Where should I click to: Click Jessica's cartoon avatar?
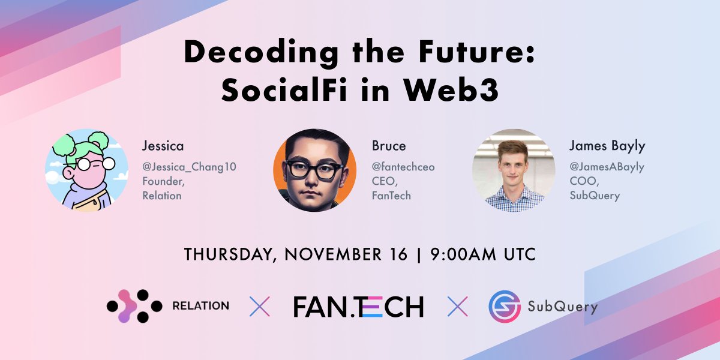(x=86, y=170)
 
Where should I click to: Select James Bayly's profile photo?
(x=514, y=170)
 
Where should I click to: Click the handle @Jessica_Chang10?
(x=189, y=167)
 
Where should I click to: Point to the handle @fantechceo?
(x=403, y=167)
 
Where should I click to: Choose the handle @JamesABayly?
(x=606, y=167)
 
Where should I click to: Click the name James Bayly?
(x=606, y=146)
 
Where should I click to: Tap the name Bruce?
(x=389, y=146)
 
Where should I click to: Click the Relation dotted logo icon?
(x=134, y=306)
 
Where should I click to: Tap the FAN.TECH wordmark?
(x=358, y=306)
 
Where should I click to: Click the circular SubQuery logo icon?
(x=504, y=307)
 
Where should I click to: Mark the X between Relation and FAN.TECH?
(x=259, y=307)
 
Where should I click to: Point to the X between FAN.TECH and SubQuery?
(x=457, y=307)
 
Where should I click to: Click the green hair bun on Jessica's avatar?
(x=99, y=142)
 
